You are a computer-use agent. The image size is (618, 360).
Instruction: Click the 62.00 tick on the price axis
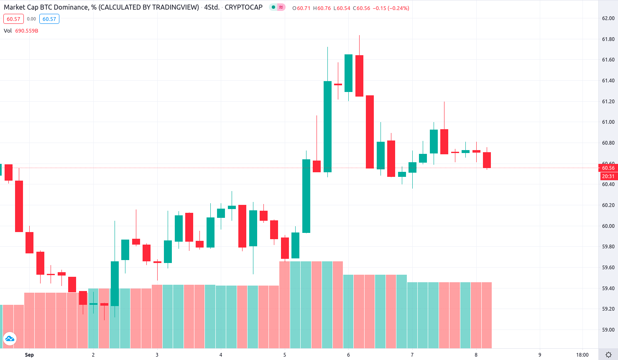(608, 18)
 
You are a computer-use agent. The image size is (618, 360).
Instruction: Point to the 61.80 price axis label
(608, 39)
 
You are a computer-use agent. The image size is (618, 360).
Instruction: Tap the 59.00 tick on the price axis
(608, 330)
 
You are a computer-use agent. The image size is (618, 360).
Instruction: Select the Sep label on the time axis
(29, 355)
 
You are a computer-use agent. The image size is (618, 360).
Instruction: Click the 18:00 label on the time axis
(582, 355)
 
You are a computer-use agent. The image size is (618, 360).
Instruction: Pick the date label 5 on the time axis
(285, 355)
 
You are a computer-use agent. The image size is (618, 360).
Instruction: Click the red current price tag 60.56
(608, 168)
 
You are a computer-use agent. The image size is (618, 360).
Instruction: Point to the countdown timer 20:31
(608, 176)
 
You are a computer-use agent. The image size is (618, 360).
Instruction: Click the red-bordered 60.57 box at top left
(13, 19)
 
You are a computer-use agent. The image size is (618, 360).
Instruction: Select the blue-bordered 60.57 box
(49, 19)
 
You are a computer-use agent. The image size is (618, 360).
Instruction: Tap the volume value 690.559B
(27, 31)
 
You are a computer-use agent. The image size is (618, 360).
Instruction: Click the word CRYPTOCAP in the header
(243, 8)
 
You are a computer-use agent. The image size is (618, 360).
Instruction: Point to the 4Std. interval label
(212, 8)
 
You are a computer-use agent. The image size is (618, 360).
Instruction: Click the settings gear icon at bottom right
(608, 355)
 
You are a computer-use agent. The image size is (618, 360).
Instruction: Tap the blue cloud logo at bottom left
(9, 339)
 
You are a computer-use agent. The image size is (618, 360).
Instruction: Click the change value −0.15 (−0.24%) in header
(391, 8)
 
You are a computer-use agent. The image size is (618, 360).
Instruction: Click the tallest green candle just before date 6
(327, 126)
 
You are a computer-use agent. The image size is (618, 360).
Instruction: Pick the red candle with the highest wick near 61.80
(359, 76)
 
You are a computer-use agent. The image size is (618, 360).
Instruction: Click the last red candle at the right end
(487, 160)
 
